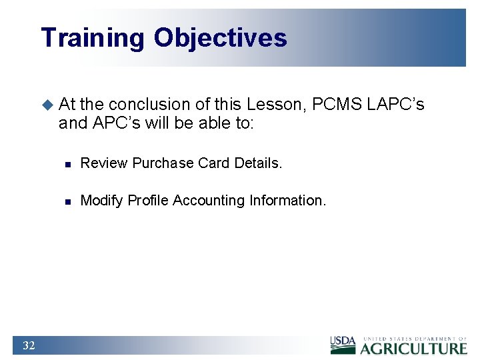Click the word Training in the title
point(92,38)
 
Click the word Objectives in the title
point(221,38)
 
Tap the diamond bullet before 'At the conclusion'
point(47,105)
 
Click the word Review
point(104,163)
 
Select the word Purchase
point(160,163)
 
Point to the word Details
point(258,163)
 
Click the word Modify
point(101,201)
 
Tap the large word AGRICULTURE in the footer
point(414,348)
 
